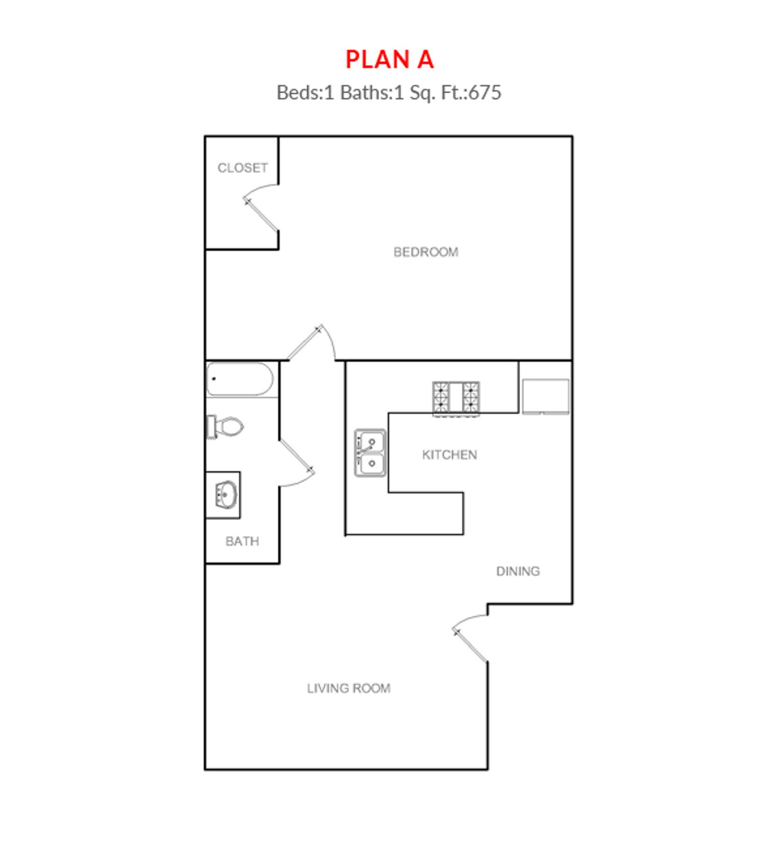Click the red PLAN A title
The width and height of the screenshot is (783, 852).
click(389, 59)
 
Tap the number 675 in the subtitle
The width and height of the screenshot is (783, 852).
click(485, 93)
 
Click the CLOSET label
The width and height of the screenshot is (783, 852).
click(242, 168)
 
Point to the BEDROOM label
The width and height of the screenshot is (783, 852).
click(426, 252)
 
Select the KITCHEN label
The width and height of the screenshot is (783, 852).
click(449, 455)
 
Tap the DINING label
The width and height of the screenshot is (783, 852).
click(518, 571)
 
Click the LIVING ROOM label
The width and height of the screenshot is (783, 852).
click(348, 688)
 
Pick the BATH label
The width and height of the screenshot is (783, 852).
click(242, 541)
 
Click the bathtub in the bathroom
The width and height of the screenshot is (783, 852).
click(240, 379)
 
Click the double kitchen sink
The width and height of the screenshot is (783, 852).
click(370, 453)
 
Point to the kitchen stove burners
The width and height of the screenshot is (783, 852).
click(456, 398)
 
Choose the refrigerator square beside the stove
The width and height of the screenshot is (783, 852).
click(545, 396)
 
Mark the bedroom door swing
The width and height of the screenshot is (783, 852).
click(311, 343)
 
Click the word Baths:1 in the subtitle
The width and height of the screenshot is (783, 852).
click(372, 93)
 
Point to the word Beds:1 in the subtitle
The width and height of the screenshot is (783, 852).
click(305, 93)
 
